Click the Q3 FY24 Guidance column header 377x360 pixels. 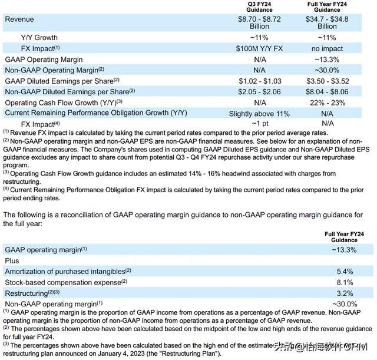point(259,6)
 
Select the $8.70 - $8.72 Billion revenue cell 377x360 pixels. point(259,22)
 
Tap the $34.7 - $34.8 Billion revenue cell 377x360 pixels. point(327,22)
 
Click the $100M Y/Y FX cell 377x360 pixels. point(259,48)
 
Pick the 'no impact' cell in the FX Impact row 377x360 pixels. point(327,48)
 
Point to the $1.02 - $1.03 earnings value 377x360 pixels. point(259,81)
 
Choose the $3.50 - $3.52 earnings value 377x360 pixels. point(327,81)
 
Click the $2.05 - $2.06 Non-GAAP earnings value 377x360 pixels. point(259,91)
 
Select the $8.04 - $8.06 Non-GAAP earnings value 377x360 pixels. point(327,91)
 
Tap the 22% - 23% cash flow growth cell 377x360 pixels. point(327,102)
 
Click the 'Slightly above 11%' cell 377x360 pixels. point(259,113)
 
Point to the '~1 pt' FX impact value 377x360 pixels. point(259,124)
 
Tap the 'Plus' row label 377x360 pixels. point(12,260)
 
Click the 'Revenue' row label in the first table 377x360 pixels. point(20,19)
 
